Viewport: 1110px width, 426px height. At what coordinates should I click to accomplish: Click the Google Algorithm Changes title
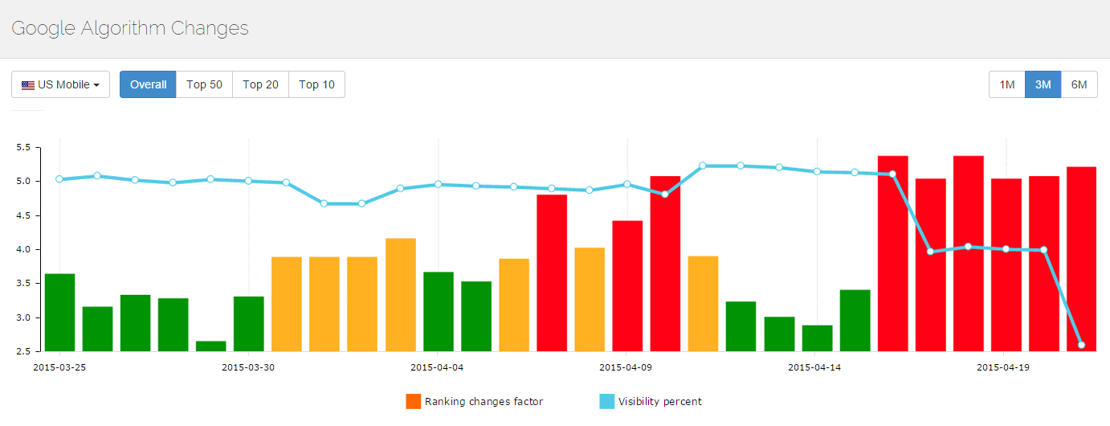tap(130, 28)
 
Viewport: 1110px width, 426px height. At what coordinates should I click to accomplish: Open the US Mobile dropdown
tap(60, 84)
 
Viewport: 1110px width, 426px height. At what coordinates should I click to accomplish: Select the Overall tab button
tap(148, 84)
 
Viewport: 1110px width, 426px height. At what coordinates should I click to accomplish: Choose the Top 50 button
tap(204, 84)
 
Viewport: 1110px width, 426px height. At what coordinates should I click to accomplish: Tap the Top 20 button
tap(260, 84)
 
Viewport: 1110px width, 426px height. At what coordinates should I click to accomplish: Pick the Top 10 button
tap(316, 84)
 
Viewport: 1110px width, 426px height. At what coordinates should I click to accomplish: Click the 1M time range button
tap(1007, 84)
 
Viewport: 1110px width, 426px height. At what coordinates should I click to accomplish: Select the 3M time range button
tap(1043, 84)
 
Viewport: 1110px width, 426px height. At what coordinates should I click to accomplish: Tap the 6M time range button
tap(1079, 84)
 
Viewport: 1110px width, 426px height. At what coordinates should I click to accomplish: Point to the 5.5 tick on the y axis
tap(22, 148)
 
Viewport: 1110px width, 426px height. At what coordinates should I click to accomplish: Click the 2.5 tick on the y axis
tap(22, 351)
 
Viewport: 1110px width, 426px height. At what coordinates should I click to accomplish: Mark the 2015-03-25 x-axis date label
tap(59, 367)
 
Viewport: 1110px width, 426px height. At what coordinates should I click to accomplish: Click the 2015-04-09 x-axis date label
tap(626, 367)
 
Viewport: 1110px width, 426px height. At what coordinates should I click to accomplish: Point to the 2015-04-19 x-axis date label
tap(1003, 367)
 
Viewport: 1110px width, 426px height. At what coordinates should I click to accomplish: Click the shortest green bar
tap(210, 346)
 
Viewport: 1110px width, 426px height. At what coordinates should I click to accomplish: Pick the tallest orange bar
tap(400, 295)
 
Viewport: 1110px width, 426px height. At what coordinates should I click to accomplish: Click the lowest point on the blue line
tap(1081, 345)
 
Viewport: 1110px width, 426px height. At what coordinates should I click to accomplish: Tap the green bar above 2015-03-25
tap(59, 313)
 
